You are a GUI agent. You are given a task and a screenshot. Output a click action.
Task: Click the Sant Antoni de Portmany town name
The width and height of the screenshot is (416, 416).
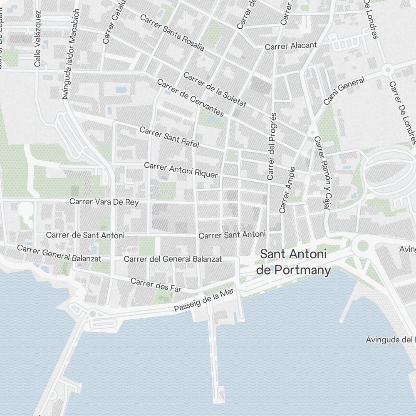tap(293, 262)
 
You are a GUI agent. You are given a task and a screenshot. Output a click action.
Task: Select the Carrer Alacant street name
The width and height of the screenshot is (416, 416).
tap(291, 45)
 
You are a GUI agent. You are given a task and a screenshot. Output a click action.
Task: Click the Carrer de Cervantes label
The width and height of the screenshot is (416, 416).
tap(191, 97)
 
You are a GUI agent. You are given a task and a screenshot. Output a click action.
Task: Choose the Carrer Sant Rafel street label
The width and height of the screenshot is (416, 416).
tap(169, 137)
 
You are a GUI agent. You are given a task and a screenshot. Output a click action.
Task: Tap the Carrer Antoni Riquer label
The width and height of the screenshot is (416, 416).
tap(181, 170)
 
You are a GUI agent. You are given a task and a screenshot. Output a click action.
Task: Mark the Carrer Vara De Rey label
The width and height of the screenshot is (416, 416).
tap(104, 202)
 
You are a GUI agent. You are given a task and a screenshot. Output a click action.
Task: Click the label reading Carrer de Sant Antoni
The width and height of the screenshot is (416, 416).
tap(85, 235)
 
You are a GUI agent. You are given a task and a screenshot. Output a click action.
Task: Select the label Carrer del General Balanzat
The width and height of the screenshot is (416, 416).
tap(173, 259)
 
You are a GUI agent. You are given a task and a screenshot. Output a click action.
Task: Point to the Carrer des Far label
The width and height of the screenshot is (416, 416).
tap(156, 285)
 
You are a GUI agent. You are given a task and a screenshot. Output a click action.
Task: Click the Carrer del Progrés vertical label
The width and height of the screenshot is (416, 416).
tap(272, 146)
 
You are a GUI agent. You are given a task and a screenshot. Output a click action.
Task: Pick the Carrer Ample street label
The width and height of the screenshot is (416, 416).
tap(287, 190)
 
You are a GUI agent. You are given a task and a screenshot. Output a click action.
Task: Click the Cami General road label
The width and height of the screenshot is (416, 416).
tap(344, 91)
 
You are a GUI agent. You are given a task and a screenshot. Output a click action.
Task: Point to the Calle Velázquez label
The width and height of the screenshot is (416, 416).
tap(37, 39)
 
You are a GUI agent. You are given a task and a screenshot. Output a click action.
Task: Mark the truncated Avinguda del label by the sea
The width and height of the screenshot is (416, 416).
tap(389, 339)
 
